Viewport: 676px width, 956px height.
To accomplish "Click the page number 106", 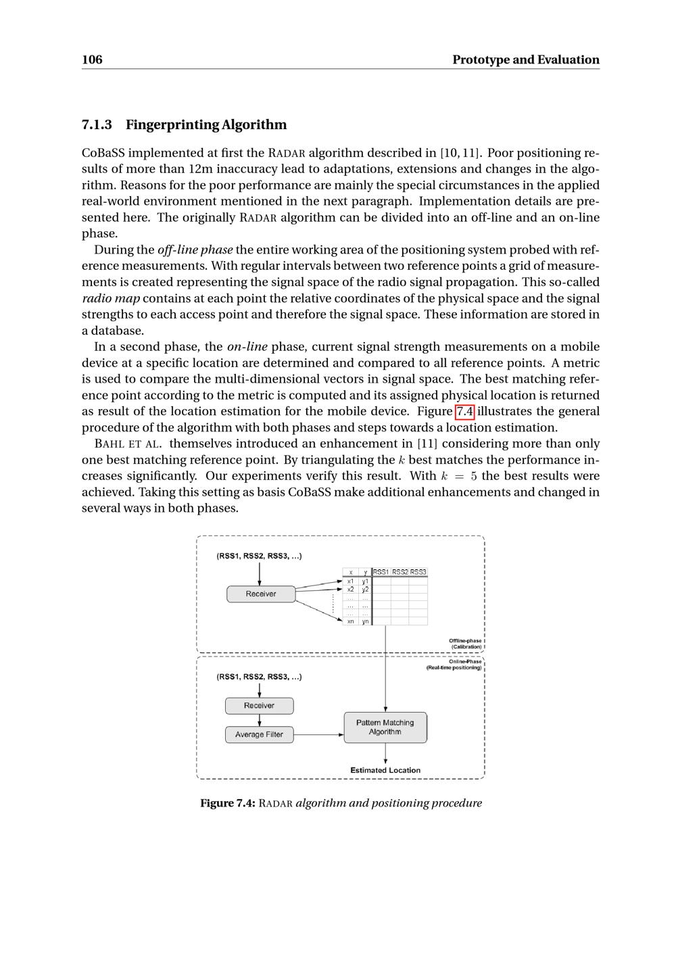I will point(92,59).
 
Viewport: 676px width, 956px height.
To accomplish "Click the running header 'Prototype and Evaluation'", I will point(525,59).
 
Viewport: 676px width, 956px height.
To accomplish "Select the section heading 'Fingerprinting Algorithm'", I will point(206,124).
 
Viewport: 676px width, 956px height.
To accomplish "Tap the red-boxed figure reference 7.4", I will point(465,411).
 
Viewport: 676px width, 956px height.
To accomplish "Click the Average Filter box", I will point(259,734).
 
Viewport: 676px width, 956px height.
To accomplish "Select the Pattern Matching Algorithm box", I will point(385,727).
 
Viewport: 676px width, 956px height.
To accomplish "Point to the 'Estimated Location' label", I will point(385,770).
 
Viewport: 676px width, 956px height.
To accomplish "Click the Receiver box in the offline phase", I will point(261,594).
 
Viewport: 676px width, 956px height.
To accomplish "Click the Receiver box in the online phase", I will point(259,705).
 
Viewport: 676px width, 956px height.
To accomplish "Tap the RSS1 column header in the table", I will point(381,572).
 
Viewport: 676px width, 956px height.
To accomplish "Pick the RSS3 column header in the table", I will point(418,572).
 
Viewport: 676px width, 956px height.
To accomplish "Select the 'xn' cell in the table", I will point(350,621).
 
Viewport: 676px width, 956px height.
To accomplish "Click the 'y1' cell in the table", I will point(365,581).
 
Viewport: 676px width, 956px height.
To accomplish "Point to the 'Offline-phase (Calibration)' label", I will point(466,644).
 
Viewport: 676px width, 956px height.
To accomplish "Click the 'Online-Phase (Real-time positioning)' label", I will point(454,665).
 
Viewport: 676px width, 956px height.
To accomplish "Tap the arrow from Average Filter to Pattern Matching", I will point(318,734).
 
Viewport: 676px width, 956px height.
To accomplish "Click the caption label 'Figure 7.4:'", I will point(227,803).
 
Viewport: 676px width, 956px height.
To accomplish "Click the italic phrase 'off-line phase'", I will point(195,249).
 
